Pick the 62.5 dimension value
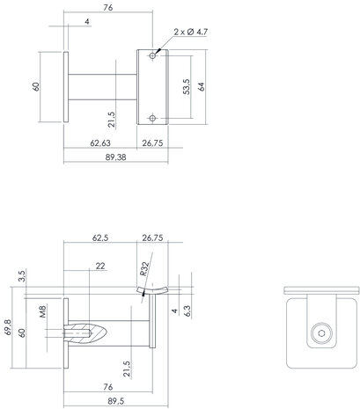(x=99, y=237)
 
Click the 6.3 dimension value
(x=187, y=310)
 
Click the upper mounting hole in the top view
(x=153, y=56)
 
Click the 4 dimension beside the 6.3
(x=175, y=310)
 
